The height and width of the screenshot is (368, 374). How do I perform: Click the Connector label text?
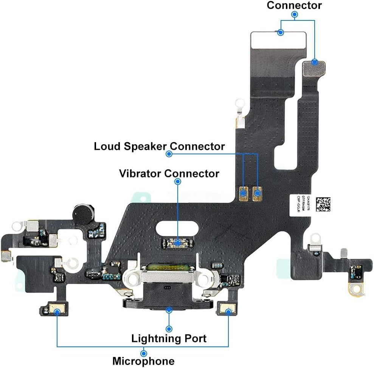294,5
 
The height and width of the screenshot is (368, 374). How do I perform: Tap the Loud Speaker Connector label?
159,146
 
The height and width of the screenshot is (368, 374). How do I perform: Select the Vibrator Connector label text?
169,174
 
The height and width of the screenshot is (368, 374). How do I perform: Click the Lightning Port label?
169,338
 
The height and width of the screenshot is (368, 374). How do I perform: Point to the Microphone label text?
143,361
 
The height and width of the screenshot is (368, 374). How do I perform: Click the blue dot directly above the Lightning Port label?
169,329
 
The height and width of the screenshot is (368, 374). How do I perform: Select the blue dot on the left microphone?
57,312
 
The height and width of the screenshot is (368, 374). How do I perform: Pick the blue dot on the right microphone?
228,311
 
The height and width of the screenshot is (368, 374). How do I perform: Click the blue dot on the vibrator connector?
178,241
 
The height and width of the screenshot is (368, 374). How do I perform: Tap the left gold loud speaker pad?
244,194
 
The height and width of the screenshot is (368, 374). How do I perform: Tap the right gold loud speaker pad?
258,194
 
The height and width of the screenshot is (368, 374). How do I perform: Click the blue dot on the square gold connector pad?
314,62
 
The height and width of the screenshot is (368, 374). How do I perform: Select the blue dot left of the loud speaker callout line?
169,154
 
